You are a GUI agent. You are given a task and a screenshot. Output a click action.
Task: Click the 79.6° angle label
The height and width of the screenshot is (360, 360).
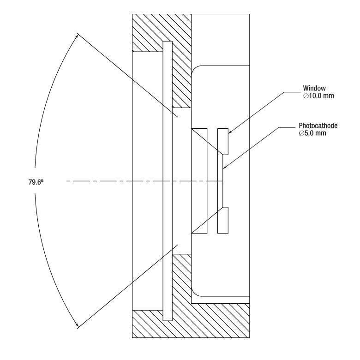coord(36,182)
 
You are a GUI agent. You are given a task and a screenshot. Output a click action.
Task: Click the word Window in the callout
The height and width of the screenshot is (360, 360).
coord(314,88)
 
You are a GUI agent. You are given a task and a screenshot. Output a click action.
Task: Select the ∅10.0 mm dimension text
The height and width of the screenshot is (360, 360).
coord(318,96)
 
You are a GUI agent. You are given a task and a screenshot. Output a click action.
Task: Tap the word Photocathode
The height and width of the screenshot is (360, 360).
coord(318,126)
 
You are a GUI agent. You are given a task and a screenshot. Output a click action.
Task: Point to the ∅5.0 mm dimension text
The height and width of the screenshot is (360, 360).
coord(312,133)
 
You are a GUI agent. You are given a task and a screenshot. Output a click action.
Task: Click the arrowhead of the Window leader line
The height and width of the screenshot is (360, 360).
coord(230,132)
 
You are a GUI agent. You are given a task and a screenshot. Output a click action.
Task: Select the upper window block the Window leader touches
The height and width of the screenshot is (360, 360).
coord(223,141)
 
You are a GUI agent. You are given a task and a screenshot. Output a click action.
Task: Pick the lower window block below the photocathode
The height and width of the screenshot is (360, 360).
coord(223,221)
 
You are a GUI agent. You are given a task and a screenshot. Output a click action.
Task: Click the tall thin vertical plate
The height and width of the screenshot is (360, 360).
coord(168,181)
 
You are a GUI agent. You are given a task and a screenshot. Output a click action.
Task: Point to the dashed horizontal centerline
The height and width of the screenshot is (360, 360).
coord(144,181)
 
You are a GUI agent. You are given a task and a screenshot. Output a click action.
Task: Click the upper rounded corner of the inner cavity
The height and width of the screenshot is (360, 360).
coord(196,69)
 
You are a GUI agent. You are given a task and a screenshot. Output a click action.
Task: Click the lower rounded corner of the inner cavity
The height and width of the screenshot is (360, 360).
coord(196,293)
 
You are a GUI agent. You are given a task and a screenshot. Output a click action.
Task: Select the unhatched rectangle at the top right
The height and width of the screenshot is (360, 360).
coord(221,40)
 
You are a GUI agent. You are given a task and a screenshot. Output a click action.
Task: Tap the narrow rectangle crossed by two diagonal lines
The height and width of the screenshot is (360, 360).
coord(199,181)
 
